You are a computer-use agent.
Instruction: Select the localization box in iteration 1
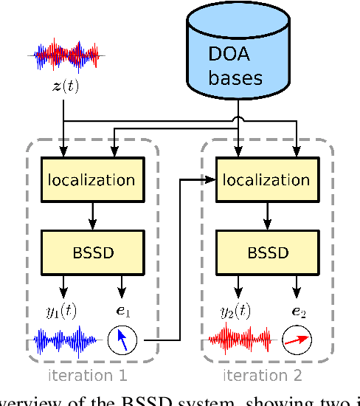[91, 179]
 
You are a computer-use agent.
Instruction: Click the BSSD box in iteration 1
[91, 252]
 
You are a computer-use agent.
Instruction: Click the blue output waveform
[66, 341]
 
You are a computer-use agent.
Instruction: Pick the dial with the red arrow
[297, 340]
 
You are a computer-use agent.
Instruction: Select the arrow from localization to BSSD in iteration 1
[91, 215]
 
